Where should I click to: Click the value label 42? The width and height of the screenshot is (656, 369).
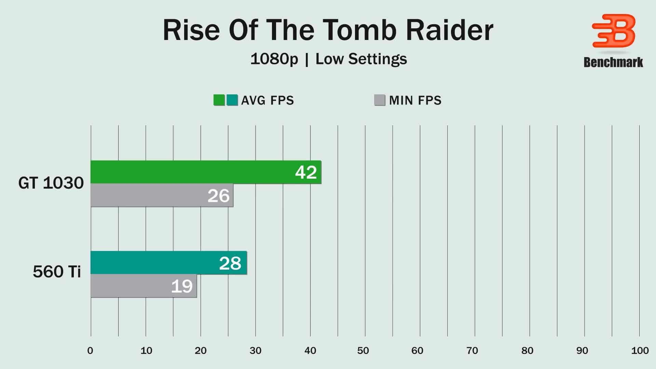pos(306,172)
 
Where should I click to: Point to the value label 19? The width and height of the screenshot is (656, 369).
pos(182,286)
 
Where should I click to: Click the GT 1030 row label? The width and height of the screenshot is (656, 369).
pos(51,183)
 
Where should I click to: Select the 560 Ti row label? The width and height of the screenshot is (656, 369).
pos(57,272)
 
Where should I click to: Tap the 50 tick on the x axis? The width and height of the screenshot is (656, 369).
pos(363,351)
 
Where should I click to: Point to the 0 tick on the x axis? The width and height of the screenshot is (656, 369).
pos(90,351)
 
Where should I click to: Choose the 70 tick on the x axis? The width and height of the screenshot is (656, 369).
pos(472,351)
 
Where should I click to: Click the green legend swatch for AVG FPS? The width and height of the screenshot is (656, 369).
pos(219,100)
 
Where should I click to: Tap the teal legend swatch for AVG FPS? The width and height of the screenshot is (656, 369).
pos(232,100)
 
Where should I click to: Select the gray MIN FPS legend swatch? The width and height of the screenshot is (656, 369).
pos(380,100)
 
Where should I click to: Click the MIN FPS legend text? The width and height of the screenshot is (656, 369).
pos(415,100)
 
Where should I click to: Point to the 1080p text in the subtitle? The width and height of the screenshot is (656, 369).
pos(274,59)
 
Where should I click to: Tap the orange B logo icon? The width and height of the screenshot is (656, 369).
pos(614,31)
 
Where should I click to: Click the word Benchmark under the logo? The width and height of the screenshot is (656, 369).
pos(613,62)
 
